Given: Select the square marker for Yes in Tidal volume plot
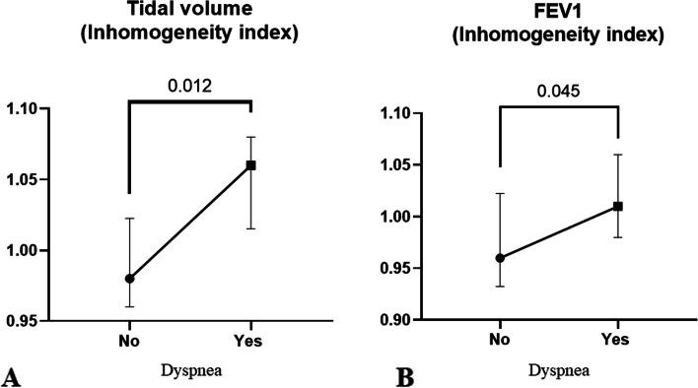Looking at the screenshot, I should (x=251, y=164).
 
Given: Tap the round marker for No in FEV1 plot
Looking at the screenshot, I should (x=500, y=258).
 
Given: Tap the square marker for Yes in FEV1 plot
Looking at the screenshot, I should (x=618, y=206).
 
